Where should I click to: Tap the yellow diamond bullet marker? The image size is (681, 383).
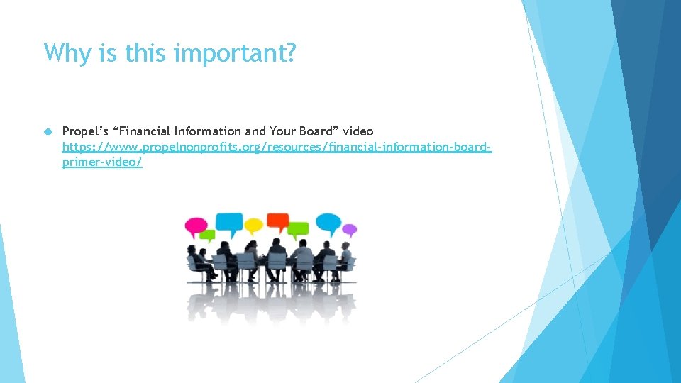click(x=48, y=131)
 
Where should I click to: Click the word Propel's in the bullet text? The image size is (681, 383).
click(x=83, y=131)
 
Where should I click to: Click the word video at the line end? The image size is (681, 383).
click(x=358, y=131)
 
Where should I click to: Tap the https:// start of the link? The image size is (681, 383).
click(x=82, y=147)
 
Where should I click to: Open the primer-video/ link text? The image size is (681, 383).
click(x=102, y=162)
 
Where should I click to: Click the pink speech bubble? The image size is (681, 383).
click(x=196, y=226)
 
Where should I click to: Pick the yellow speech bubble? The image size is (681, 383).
click(x=253, y=226)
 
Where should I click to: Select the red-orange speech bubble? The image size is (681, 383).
click(x=277, y=221)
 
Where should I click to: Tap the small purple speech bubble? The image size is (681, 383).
click(x=349, y=230)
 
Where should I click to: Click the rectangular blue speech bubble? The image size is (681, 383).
click(x=228, y=223)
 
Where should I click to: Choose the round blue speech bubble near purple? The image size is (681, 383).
click(x=328, y=223)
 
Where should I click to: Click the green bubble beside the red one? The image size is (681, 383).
click(x=299, y=229)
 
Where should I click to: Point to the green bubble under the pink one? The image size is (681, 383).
click(x=207, y=235)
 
